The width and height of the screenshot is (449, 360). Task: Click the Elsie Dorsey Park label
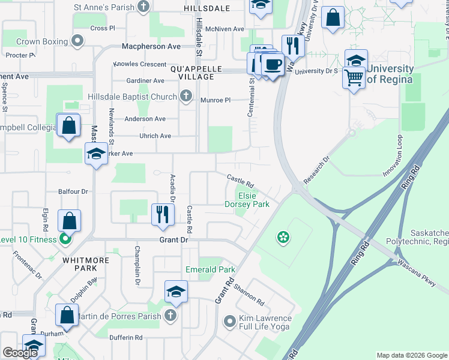click(x=247, y=200)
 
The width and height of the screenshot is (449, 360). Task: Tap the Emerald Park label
click(x=210, y=269)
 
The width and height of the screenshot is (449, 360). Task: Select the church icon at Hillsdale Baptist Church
click(x=186, y=97)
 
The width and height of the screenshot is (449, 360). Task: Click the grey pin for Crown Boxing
click(x=77, y=41)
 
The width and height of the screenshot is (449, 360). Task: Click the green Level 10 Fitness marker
click(x=66, y=240)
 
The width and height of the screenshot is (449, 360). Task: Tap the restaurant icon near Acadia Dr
click(x=162, y=214)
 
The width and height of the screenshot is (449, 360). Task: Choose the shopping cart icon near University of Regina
click(x=354, y=77)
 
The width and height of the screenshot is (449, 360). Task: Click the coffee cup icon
click(x=273, y=64)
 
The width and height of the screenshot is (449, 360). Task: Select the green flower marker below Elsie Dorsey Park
click(x=282, y=239)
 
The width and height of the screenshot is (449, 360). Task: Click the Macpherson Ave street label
click(x=151, y=46)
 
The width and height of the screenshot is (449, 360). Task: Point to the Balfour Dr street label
click(x=73, y=191)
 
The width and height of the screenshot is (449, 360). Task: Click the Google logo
click(x=20, y=353)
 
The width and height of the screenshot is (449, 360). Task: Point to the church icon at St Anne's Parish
click(x=143, y=7)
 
